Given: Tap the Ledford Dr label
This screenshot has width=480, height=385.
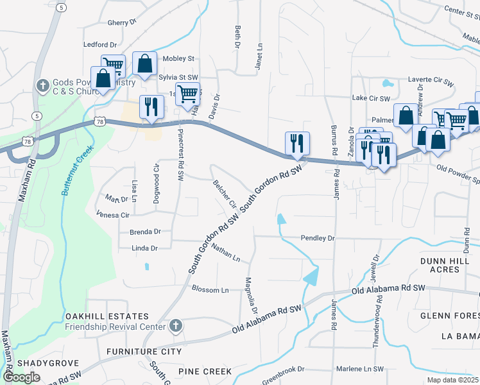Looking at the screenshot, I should [100, 45].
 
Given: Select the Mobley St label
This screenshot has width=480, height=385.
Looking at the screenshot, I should [178, 58].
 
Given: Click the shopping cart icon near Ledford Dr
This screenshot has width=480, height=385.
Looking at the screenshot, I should [114, 65].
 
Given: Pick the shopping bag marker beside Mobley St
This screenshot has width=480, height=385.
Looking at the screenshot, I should [145, 64].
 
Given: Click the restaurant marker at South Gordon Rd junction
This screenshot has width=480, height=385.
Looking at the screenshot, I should [297, 144].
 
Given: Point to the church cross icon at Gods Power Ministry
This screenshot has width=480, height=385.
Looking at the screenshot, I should [43, 85].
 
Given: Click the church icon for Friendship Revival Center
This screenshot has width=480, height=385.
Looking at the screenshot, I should [175, 327].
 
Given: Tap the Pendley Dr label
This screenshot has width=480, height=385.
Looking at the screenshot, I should [318, 238].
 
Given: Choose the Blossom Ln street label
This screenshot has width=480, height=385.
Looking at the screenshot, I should [210, 290].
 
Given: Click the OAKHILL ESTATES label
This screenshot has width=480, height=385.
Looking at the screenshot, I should [107, 317].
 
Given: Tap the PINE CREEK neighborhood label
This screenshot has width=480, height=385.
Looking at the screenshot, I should [204, 372].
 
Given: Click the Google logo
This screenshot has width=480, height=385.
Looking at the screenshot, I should [22, 377].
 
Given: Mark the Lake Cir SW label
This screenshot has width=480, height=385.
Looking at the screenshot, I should [372, 99].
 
